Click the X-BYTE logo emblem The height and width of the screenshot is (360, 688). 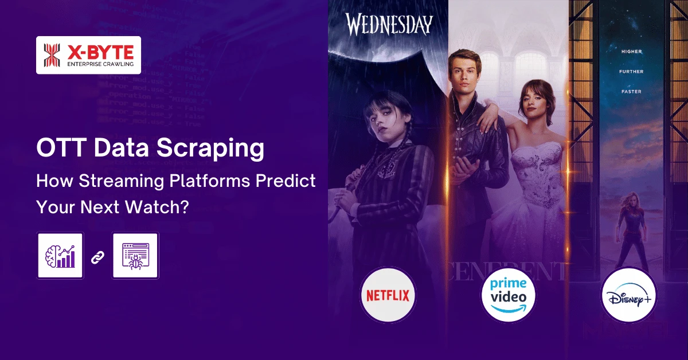[x=52, y=55]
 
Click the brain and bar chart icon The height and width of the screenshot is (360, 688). [x=60, y=255]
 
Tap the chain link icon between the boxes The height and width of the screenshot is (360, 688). [x=97, y=256]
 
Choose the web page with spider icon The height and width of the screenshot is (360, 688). [x=135, y=255]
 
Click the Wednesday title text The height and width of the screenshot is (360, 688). [x=388, y=25]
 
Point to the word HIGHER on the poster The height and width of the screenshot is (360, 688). [x=632, y=52]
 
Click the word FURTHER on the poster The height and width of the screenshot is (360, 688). [x=632, y=72]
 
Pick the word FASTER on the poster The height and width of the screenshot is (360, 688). [x=632, y=92]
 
